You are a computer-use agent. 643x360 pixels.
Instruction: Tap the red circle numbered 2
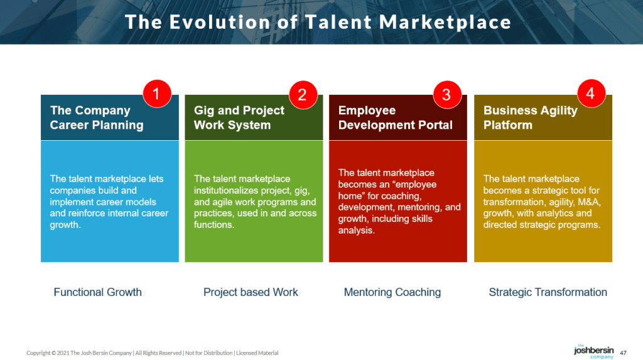coord(303,94)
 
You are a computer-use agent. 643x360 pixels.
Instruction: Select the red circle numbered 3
coord(446,94)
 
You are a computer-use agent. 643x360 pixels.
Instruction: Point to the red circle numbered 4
coord(590,94)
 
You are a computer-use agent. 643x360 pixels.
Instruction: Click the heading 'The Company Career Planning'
coord(97,117)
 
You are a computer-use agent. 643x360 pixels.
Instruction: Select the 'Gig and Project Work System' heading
coord(239,117)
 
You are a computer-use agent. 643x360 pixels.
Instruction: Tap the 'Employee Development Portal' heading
coord(395,117)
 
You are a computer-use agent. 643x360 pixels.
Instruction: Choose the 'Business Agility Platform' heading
coord(530,117)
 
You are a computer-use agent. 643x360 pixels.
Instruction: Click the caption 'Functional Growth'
coord(97,292)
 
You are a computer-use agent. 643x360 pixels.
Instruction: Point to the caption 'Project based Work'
coord(251,292)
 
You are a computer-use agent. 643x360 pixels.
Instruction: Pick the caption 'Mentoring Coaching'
coord(392,292)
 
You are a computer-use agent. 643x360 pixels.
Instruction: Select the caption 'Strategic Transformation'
coord(548,292)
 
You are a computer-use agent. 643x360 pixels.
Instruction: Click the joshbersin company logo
coord(593,351)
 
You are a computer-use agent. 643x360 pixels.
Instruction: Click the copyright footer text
coord(152,353)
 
